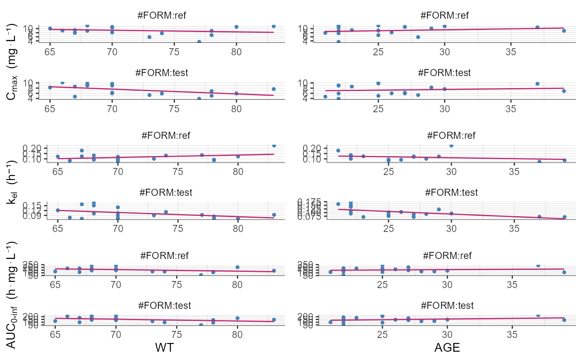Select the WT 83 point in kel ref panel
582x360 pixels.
point(274,145)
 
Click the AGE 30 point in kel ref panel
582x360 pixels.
point(451,145)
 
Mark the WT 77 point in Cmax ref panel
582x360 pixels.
point(199,42)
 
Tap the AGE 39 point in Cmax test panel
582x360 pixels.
point(564,91)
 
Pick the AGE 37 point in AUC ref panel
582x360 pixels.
point(538,265)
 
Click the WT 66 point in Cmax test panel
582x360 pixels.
point(62,83)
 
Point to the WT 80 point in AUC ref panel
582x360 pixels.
point(237,267)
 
